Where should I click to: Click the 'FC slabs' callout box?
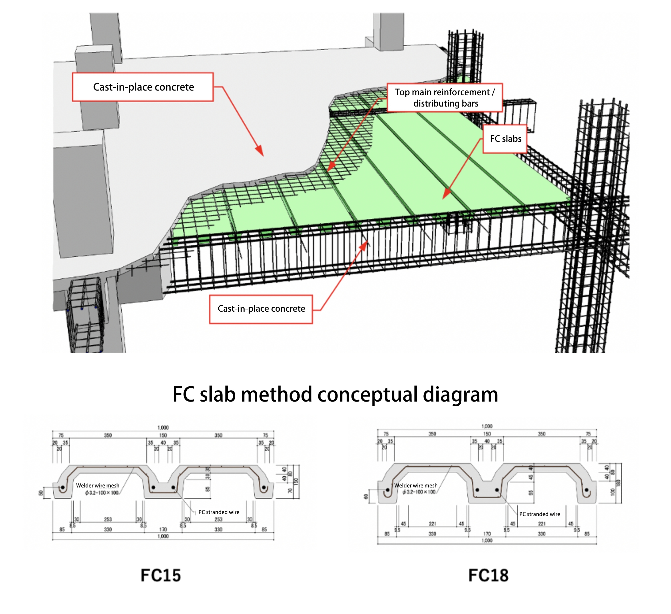(x=505, y=139)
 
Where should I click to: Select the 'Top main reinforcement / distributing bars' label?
(x=445, y=98)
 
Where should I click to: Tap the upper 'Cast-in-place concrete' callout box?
(x=143, y=87)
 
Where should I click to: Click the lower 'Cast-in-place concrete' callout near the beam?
(x=261, y=309)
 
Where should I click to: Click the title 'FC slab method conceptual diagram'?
(x=335, y=394)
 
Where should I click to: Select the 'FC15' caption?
(x=161, y=575)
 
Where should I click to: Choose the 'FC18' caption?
(x=488, y=575)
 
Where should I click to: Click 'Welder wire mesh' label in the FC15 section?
(x=98, y=485)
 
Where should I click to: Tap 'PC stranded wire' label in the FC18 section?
(x=540, y=514)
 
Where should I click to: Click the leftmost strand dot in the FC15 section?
(x=63, y=487)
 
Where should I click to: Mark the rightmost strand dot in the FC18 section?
(x=586, y=490)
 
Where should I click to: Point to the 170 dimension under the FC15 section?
(x=163, y=529)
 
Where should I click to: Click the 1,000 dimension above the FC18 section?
(x=487, y=426)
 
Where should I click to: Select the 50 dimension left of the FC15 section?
(x=41, y=493)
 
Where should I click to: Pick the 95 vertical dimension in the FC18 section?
(x=531, y=492)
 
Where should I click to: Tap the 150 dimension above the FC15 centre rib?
(x=163, y=435)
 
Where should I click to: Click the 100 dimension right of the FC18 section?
(x=612, y=492)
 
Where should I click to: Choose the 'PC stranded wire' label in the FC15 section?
(x=219, y=512)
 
